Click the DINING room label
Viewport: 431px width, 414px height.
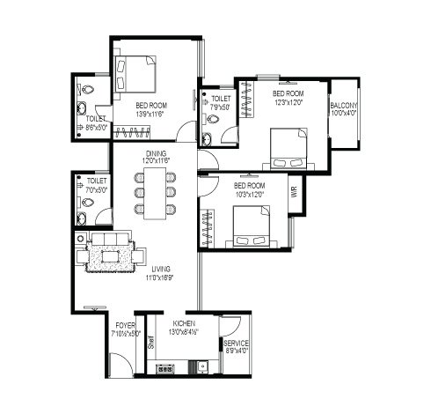[156, 152]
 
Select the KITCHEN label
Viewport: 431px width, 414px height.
[183, 324]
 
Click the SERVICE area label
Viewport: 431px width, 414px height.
[236, 344]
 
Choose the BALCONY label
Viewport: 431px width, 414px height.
[344, 106]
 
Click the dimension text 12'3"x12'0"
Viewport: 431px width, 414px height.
[289, 101]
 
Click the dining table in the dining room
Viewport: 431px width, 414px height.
[155, 193]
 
